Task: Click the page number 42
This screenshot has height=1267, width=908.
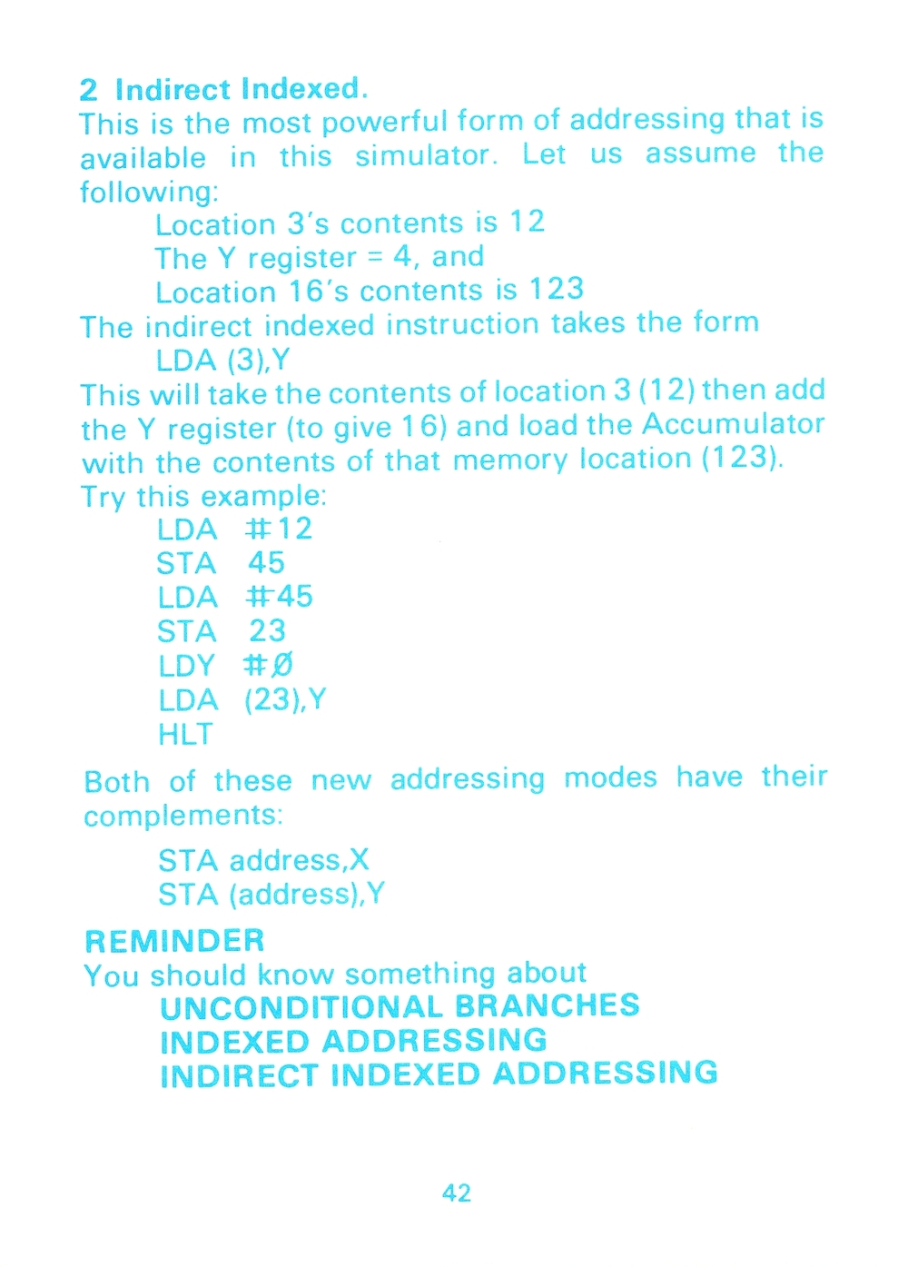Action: point(456,1193)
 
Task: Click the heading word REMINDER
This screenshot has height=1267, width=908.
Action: point(174,941)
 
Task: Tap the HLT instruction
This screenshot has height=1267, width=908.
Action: point(185,734)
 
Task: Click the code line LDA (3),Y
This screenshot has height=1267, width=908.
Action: point(222,360)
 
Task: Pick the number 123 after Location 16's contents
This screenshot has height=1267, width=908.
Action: point(556,289)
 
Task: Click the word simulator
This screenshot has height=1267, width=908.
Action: point(426,155)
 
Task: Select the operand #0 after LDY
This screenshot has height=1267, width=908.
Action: point(269,665)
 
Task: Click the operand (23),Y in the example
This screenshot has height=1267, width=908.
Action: point(285,700)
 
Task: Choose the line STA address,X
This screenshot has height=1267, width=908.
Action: point(263,861)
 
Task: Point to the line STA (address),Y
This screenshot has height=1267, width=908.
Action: point(271,895)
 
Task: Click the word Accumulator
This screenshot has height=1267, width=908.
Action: point(733,424)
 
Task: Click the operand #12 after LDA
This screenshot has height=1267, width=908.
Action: point(279,529)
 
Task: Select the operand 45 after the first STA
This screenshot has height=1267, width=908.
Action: point(266,563)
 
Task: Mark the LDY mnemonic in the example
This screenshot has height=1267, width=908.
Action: point(186,665)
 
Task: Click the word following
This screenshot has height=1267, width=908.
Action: point(149,191)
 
